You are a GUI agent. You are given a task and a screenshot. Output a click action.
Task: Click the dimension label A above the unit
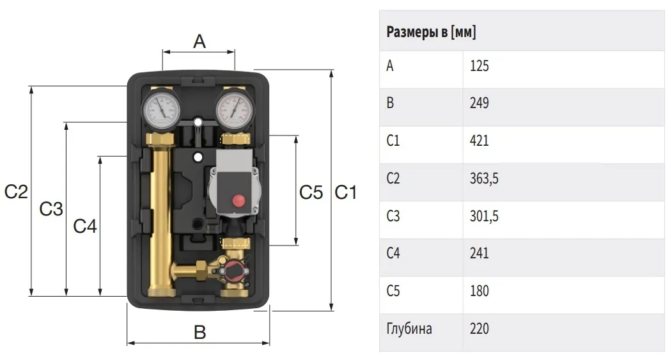(199, 42)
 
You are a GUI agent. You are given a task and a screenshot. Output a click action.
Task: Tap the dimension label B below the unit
(199, 333)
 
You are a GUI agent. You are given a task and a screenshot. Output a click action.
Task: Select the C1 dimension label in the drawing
(345, 192)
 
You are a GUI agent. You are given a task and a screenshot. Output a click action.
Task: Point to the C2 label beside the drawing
(16, 192)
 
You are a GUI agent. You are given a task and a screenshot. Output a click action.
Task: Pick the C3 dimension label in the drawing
(51, 209)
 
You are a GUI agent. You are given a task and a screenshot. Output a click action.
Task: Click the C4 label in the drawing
(85, 226)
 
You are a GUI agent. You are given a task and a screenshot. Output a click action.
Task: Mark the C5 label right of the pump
(311, 192)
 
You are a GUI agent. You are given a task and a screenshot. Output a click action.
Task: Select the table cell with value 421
(479, 141)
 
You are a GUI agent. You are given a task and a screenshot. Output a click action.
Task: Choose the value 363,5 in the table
(484, 178)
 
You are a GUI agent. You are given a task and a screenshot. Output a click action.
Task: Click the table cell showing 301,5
(484, 216)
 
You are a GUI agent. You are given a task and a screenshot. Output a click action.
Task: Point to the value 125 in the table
(479, 66)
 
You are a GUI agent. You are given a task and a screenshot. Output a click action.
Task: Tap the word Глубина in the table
(409, 329)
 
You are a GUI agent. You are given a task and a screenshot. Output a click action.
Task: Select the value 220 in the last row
(479, 329)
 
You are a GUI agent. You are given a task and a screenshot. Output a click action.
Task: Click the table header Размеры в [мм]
(431, 32)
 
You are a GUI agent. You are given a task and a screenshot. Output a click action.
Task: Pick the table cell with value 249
(479, 103)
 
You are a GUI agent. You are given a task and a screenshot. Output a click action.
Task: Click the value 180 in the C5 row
(479, 291)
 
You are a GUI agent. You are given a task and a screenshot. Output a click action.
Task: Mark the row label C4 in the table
(393, 253)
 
